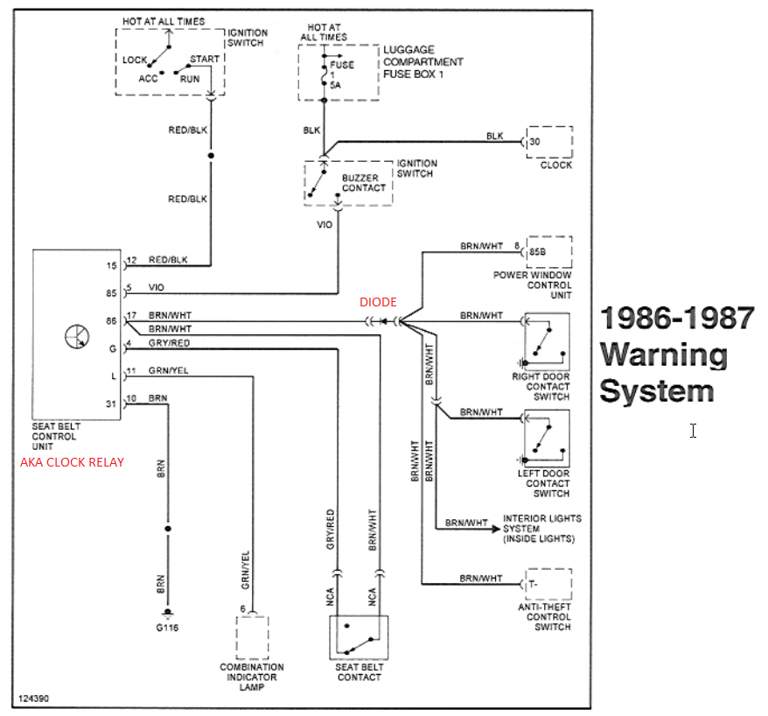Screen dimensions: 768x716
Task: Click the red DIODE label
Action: click(378, 302)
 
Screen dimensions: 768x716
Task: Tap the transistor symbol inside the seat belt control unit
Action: click(77, 337)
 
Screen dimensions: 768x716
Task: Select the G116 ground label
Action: click(167, 628)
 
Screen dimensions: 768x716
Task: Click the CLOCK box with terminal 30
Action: click(549, 142)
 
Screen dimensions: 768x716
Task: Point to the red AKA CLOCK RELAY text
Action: click(72, 462)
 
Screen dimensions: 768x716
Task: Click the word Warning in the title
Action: click(664, 354)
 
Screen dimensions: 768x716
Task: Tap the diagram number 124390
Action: click(33, 698)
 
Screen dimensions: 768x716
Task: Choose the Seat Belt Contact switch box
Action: click(359, 637)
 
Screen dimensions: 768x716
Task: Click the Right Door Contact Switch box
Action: click(547, 341)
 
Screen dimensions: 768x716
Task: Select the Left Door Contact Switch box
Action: click(547, 439)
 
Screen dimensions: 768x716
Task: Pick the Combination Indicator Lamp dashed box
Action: click(252, 637)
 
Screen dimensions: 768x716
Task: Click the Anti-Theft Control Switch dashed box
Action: click(548, 584)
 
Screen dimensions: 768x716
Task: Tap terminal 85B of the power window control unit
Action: click(537, 252)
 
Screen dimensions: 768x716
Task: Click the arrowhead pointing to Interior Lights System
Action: click(496, 529)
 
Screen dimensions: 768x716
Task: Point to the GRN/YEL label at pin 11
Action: click(169, 370)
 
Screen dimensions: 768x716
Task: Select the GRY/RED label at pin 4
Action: click(169, 343)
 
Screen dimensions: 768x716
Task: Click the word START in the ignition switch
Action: click(205, 59)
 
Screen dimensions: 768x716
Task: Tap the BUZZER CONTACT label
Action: click(364, 183)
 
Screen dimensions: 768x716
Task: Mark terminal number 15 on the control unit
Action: click(112, 265)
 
